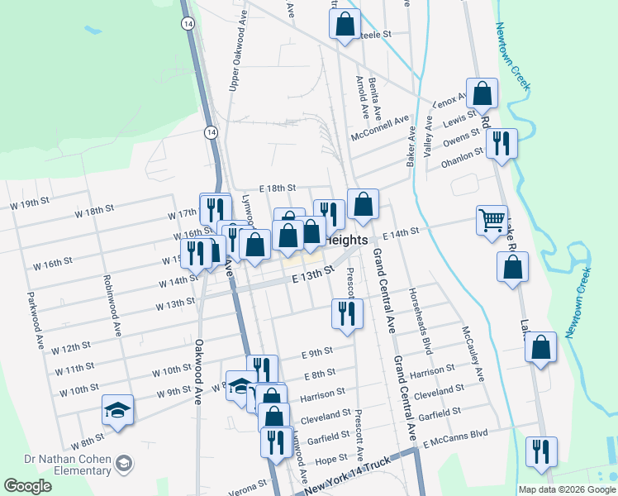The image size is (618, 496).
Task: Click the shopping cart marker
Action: pyautogui.click(x=492, y=221)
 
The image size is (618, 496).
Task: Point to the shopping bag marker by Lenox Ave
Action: pyautogui.click(x=482, y=93)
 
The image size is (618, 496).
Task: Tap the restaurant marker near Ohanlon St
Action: pyautogui.click(x=502, y=143)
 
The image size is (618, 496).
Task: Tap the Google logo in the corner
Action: pyautogui.click(x=27, y=486)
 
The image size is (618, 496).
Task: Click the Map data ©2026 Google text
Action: pyautogui.click(x=567, y=489)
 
